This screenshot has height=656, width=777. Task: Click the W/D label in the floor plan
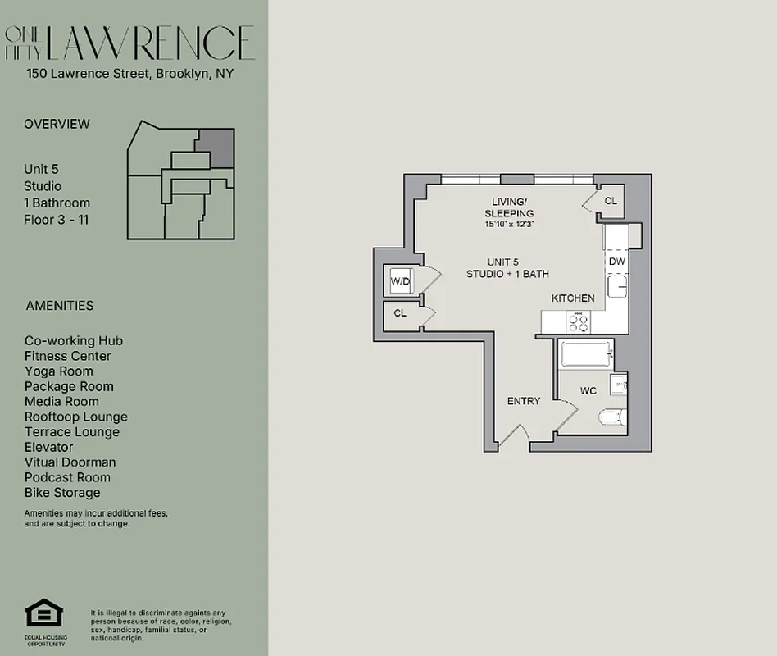click(400, 282)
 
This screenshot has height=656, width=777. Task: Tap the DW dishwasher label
click(616, 262)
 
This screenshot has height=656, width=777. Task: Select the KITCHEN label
click(573, 298)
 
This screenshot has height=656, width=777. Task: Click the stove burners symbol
click(579, 321)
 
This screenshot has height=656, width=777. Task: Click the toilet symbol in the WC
click(612, 417)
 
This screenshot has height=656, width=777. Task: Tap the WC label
click(588, 391)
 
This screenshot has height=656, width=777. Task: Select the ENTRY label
click(524, 401)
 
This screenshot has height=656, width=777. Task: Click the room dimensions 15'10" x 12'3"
click(508, 224)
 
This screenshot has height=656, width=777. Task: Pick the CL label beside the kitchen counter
click(611, 201)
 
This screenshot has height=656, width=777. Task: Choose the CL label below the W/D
click(400, 313)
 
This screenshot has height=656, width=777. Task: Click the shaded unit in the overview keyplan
click(219, 145)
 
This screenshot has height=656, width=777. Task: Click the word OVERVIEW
click(57, 124)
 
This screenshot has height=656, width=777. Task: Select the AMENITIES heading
click(60, 306)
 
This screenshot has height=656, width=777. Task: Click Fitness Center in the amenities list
click(68, 356)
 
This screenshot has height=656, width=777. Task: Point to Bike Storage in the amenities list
click(62, 493)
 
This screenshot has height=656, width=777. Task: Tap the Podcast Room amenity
click(67, 477)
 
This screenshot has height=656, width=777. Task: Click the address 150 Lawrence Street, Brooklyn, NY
click(130, 74)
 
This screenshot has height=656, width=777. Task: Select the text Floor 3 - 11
click(57, 220)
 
